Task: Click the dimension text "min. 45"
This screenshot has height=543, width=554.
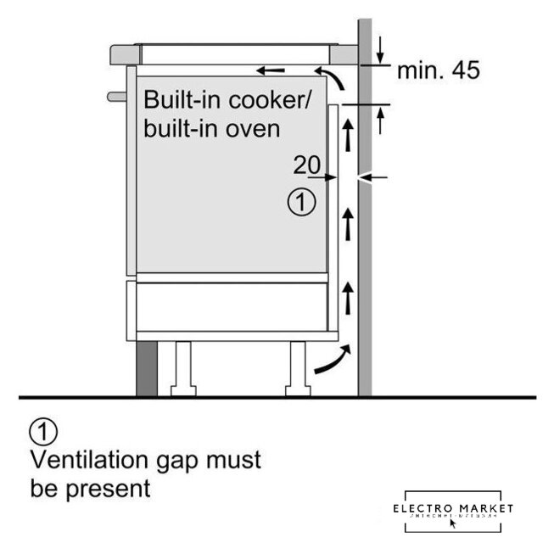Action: pyautogui.click(x=438, y=70)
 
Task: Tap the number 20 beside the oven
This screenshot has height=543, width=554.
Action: pyautogui.click(x=308, y=165)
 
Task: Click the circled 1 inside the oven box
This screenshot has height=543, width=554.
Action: pyautogui.click(x=302, y=202)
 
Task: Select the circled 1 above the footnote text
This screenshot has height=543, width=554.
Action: pyautogui.click(x=44, y=432)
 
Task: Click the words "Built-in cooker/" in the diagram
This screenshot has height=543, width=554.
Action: pyautogui.click(x=227, y=99)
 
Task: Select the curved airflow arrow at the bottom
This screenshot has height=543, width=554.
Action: pyautogui.click(x=331, y=360)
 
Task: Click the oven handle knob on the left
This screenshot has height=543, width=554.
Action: pyautogui.click(x=116, y=96)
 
